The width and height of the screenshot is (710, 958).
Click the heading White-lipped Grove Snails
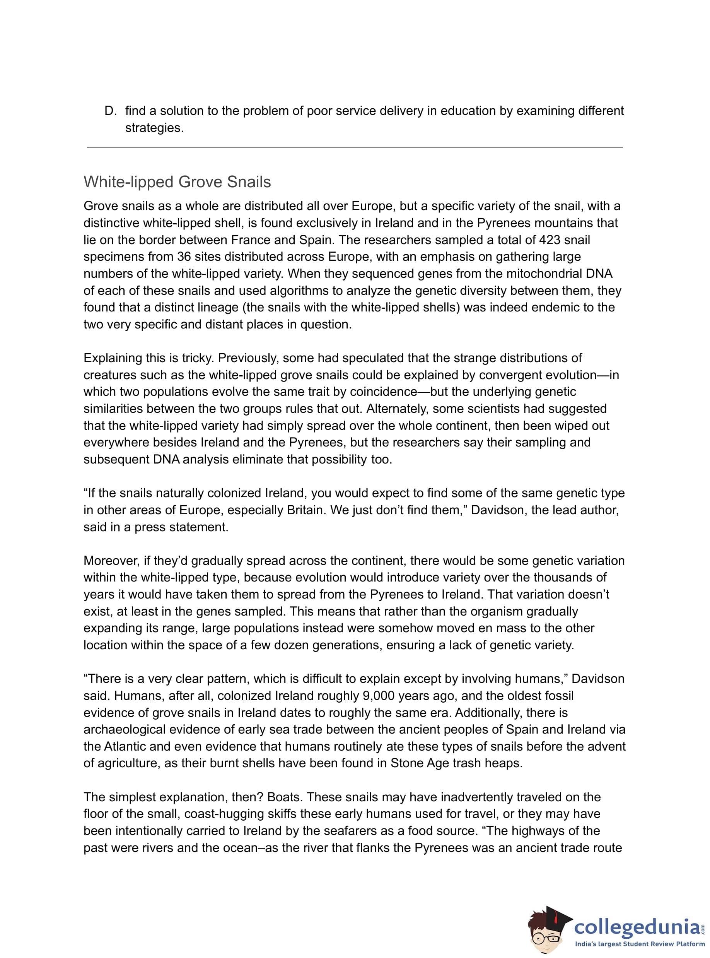coord(177,182)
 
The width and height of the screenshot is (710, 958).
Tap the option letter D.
coord(110,111)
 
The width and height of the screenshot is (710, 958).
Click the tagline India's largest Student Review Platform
coord(640,944)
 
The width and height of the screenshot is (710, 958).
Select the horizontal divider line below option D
coord(355,147)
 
